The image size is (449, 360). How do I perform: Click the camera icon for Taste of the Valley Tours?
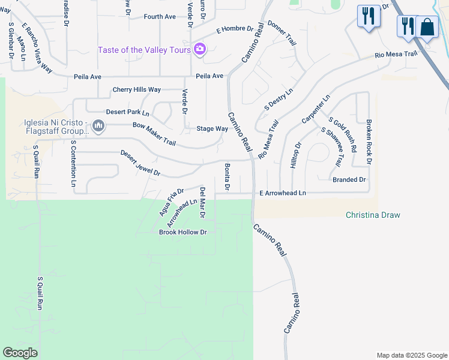pos(200,50)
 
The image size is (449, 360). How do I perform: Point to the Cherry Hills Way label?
pos(137,90)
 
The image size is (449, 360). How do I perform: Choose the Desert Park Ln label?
pos(127,112)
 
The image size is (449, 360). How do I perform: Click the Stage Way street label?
pos(212,129)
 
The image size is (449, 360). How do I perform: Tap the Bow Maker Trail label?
pos(154,134)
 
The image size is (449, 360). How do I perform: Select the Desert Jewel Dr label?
pos(140,163)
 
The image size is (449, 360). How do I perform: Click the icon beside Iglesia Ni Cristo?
pos(99,127)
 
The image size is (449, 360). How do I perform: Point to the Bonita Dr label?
pos(228,176)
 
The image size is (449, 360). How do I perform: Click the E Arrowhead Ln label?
pos(283,193)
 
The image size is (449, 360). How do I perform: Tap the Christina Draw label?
pos(373,215)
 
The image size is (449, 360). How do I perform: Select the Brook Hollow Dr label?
pos(182,232)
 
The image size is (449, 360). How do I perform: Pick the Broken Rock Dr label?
pos(369,142)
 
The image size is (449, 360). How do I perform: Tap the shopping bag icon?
pos(427,27)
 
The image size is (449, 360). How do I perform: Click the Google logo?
pos(20,353)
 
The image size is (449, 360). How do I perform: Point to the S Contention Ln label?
pos(73,164)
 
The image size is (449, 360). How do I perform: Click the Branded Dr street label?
pos(349,180)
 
